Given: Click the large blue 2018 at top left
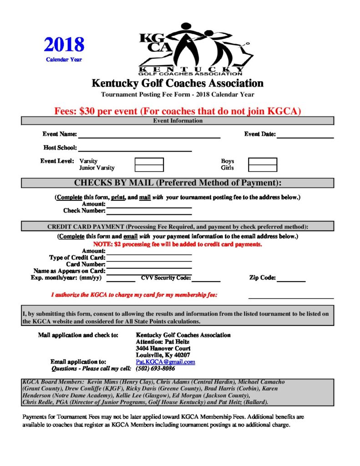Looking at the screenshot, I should (x=64, y=45).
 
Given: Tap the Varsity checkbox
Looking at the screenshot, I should (x=149, y=161).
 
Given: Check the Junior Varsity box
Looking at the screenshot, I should (x=149, y=168).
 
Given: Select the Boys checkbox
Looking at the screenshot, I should (x=262, y=161).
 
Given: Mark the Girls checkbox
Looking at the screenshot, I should (x=262, y=168).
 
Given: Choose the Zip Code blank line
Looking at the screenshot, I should (x=291, y=279).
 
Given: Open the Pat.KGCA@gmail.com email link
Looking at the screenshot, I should (x=166, y=362).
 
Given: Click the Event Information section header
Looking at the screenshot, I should (x=177, y=121).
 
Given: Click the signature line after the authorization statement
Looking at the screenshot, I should (x=290, y=297).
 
